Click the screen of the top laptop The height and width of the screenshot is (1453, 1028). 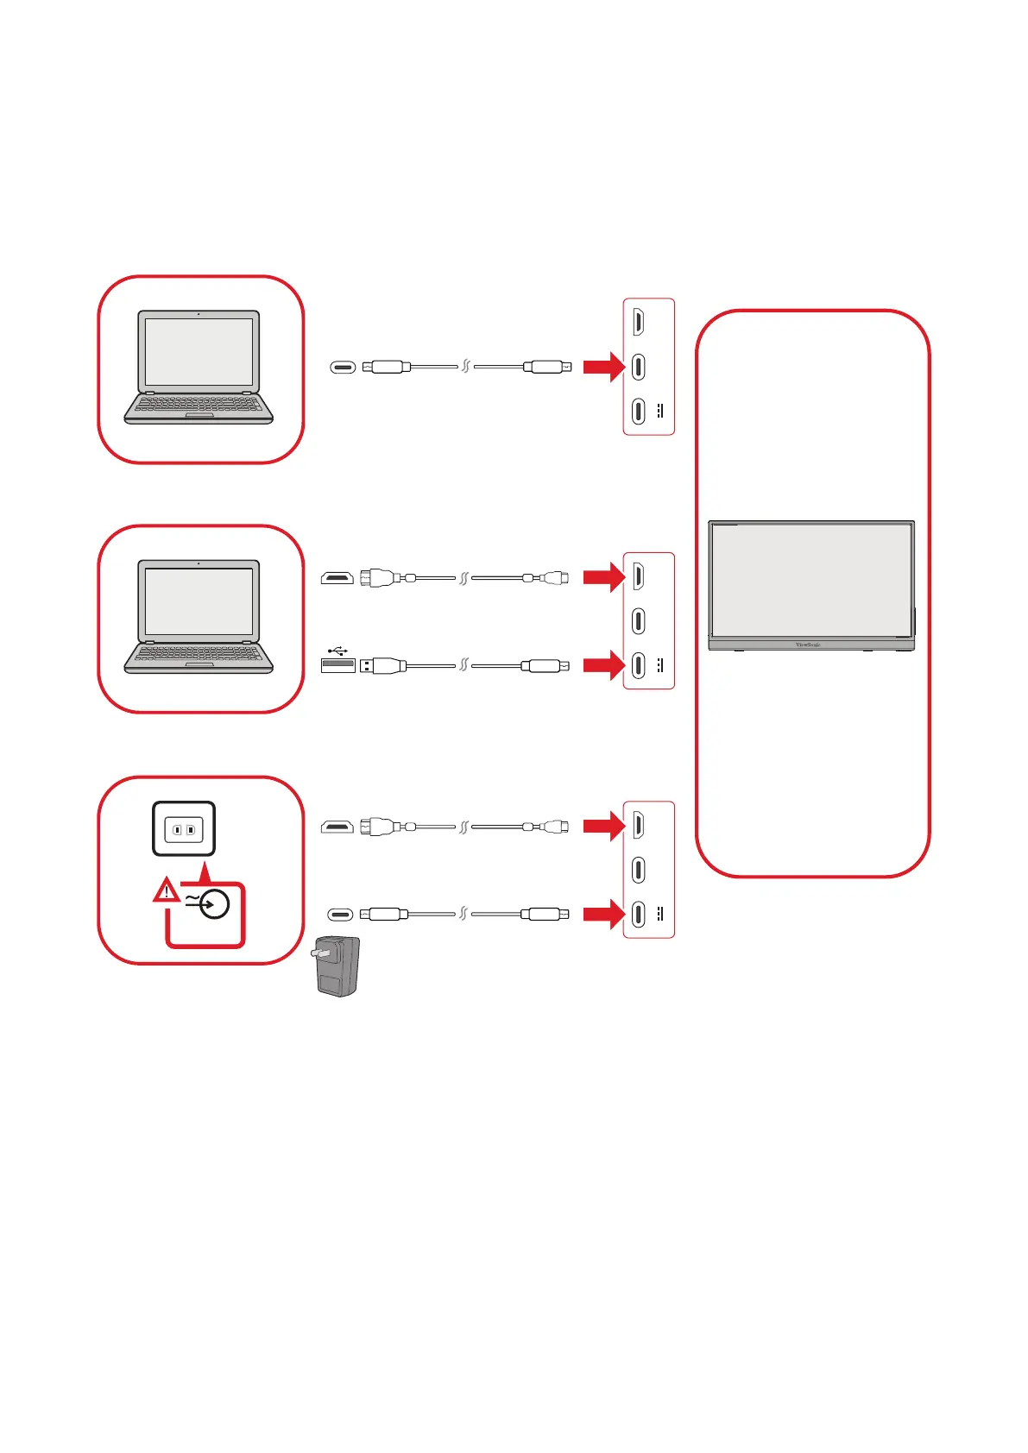(x=199, y=351)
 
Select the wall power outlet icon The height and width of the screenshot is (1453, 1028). (x=184, y=829)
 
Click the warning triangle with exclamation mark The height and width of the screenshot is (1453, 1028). (x=166, y=890)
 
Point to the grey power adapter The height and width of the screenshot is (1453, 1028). (x=337, y=966)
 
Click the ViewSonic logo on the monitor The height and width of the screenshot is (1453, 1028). (x=807, y=645)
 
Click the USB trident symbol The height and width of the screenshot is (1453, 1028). (x=337, y=651)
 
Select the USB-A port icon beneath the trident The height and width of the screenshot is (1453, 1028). (x=337, y=665)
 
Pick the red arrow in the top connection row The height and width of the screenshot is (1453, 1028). (x=602, y=367)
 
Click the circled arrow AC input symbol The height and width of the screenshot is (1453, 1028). (x=213, y=904)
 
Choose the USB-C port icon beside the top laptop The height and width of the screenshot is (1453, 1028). (x=343, y=368)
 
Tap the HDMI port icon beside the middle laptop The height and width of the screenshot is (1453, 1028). (x=337, y=578)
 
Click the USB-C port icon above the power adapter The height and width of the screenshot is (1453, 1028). (x=341, y=915)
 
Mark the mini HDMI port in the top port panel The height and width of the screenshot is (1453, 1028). (x=638, y=322)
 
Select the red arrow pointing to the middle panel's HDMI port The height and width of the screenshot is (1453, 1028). (x=602, y=576)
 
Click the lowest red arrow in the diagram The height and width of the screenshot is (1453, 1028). (x=602, y=914)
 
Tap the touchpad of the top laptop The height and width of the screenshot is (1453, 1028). (x=199, y=416)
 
